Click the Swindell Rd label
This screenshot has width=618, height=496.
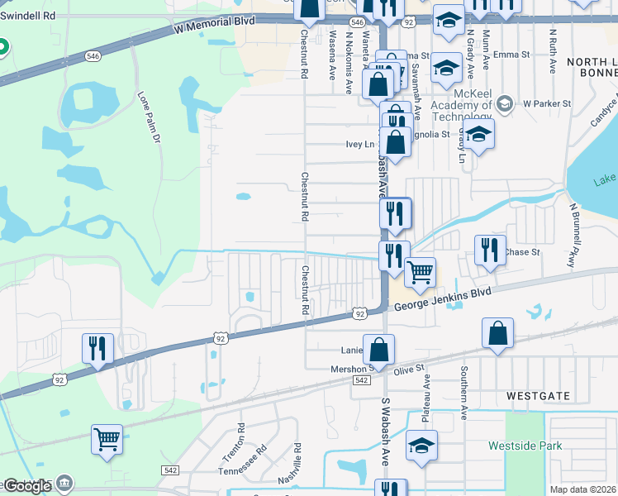[28, 16]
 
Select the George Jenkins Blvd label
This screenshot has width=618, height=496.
[442, 299]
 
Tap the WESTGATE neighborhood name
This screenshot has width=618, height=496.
[538, 396]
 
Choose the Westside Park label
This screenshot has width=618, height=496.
[525, 446]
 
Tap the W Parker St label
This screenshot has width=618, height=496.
[546, 104]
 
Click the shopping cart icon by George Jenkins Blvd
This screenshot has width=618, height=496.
[421, 271]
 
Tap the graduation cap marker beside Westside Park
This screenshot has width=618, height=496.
[421, 446]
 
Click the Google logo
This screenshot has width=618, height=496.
[26, 486]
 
